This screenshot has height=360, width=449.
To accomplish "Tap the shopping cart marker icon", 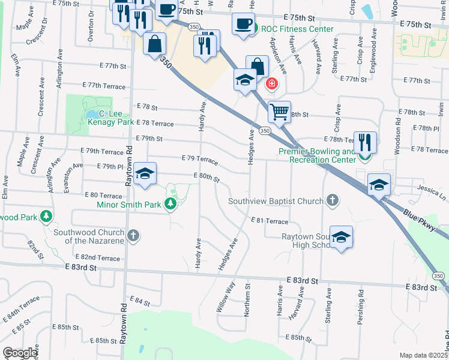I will pyautogui.click(x=279, y=112).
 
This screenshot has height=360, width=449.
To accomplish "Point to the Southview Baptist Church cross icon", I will pyautogui.click(x=333, y=200).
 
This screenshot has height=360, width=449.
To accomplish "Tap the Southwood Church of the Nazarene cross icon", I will pyautogui.click(x=133, y=236).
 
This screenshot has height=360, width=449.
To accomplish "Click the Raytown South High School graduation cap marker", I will pyautogui.click(x=341, y=237).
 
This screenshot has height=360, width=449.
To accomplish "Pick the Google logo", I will pyautogui.click(x=20, y=353).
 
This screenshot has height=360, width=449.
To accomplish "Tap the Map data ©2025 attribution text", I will pyautogui.click(x=423, y=355).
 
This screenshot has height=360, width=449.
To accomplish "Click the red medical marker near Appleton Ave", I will pyautogui.click(x=272, y=83).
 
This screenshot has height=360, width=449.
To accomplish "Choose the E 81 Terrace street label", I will pyautogui.click(x=270, y=221).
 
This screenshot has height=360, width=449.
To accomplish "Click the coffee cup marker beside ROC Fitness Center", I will pyautogui.click(x=243, y=24).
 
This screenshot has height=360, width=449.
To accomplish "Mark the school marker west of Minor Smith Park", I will pyautogui.click(x=145, y=174).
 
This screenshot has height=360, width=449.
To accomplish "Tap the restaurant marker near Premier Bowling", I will pyautogui.click(x=365, y=143).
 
